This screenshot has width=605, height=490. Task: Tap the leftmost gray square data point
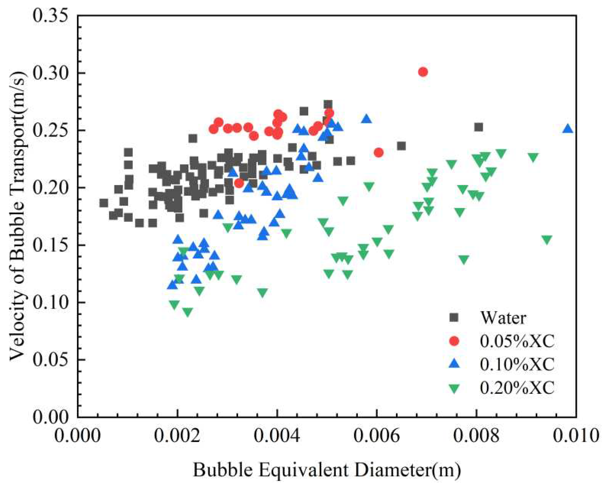[x=104, y=203]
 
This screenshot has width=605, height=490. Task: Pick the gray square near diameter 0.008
[x=478, y=127]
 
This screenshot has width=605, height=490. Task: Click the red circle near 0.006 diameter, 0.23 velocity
[x=378, y=153]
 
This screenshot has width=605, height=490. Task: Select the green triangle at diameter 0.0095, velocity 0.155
[x=547, y=240]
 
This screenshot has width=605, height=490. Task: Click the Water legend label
[x=503, y=318]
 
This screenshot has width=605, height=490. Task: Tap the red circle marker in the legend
[x=454, y=341]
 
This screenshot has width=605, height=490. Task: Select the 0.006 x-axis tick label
[x=376, y=436]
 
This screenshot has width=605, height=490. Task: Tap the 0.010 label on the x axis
[x=576, y=436]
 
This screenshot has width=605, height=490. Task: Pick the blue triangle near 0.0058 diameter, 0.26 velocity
[x=366, y=119]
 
